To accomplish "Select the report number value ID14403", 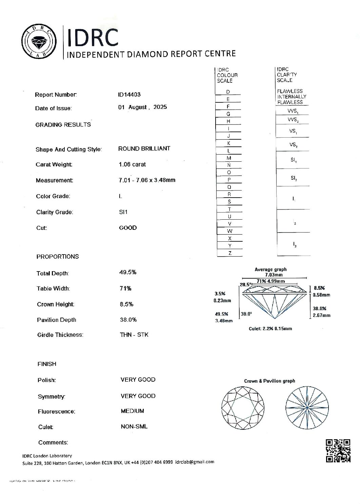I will tap(129, 95).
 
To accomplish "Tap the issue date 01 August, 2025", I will tap(142, 107).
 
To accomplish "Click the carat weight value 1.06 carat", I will tap(132, 164).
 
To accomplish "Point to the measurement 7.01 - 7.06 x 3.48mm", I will tap(147, 180).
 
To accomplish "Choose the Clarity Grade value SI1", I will tap(123, 212).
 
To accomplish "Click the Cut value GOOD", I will tap(128, 228).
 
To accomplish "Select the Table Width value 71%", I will tap(125, 288).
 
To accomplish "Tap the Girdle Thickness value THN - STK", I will tap(134, 335).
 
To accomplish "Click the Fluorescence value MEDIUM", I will tap(132, 411).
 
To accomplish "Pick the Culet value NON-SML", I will tap(134, 426).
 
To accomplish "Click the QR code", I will tap(338, 450).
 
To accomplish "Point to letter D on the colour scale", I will tap(228, 92).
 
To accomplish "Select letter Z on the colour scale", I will tap(230, 253).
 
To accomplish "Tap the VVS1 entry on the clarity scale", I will tap(293, 111).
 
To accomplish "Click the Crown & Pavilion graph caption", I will tap(269, 381).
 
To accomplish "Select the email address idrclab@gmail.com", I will tap(195, 462).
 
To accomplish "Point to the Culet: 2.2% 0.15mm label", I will tap(270, 328).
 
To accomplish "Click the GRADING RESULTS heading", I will tap(63, 125).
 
